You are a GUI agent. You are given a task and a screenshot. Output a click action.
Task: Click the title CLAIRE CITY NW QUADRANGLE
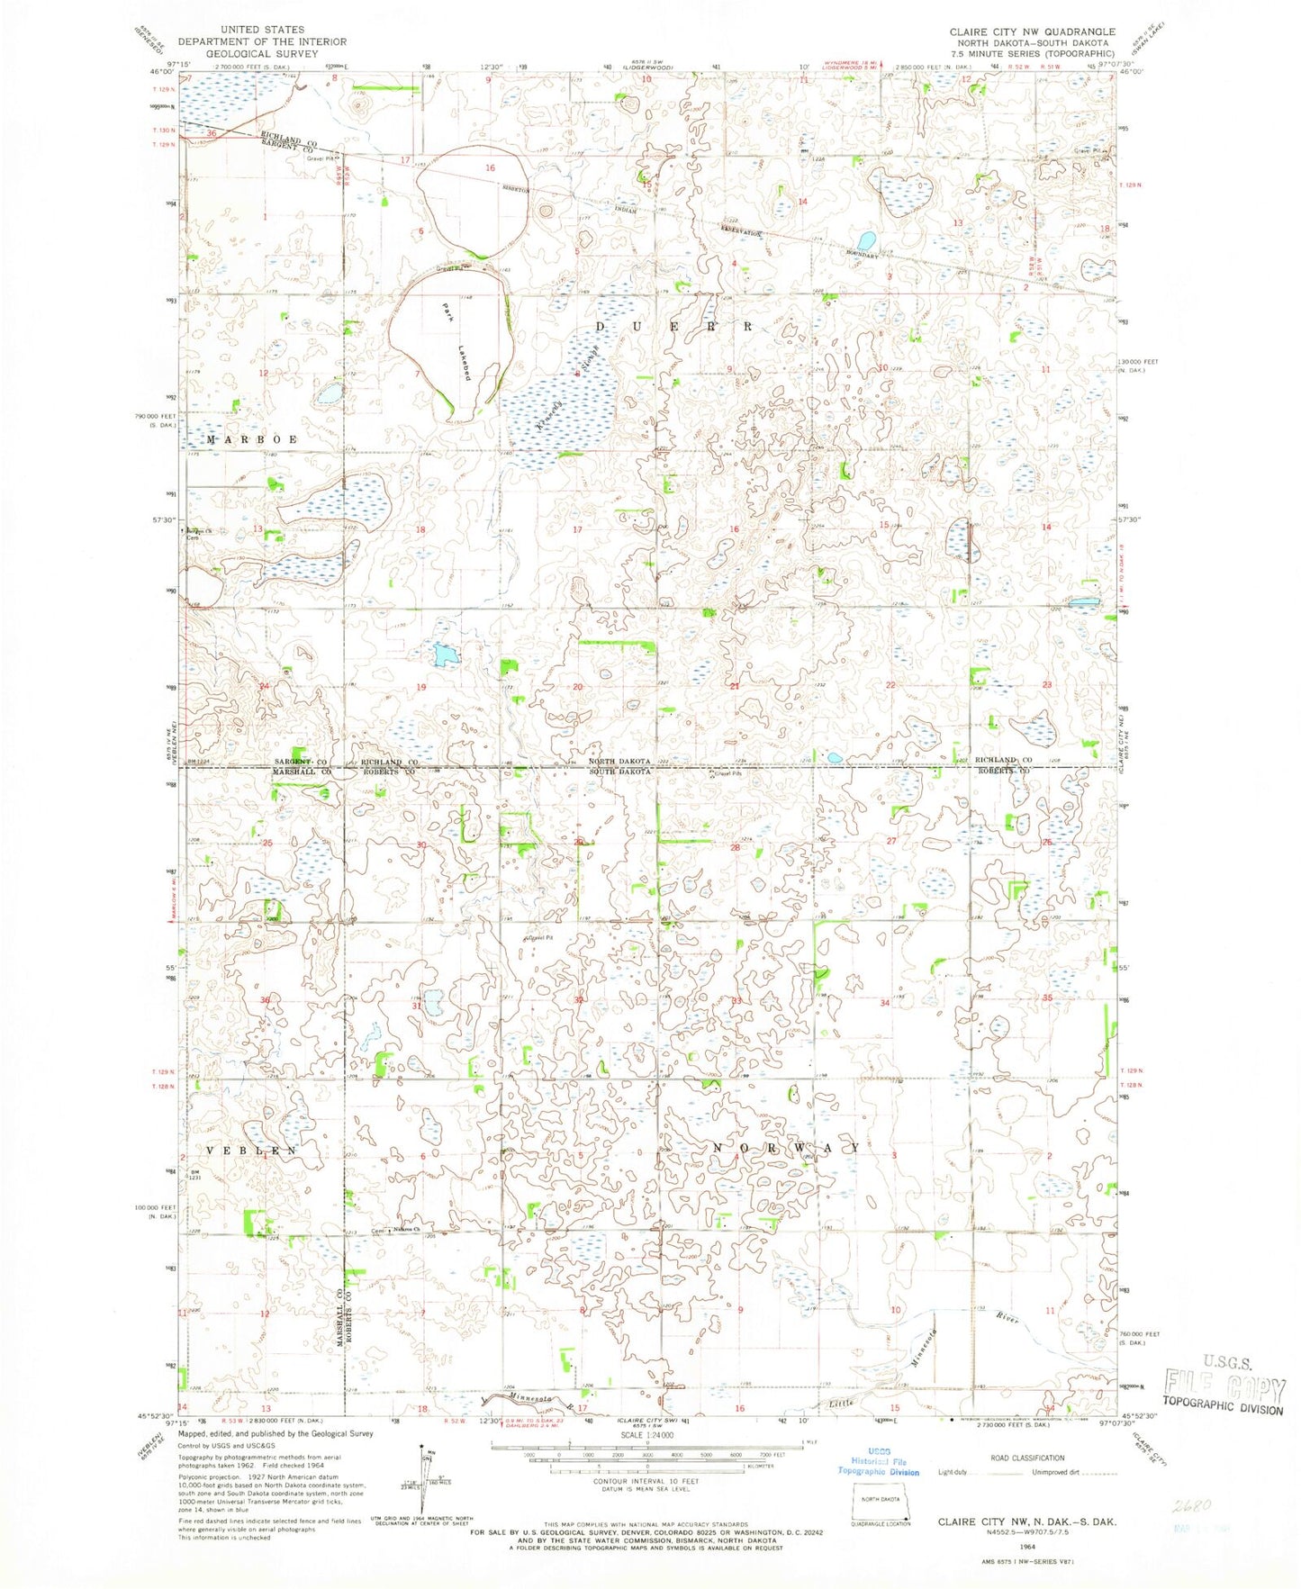click(x=1032, y=32)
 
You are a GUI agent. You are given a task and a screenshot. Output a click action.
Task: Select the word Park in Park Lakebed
click(x=447, y=311)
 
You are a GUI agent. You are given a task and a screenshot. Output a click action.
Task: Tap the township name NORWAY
click(x=785, y=1149)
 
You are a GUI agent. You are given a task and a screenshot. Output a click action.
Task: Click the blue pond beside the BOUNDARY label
click(x=866, y=240)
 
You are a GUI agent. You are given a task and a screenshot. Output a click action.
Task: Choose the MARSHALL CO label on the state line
click(x=303, y=772)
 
